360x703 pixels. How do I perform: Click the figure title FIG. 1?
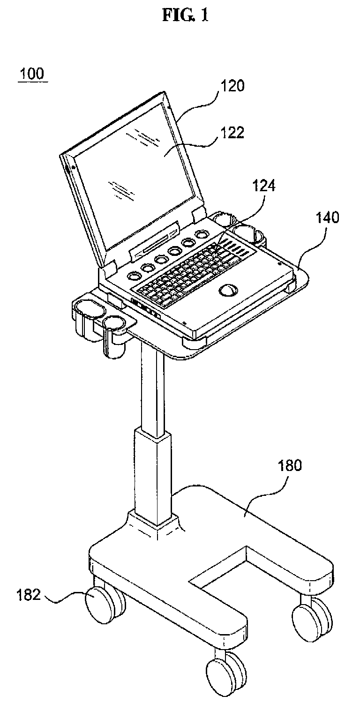click(185, 15)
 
